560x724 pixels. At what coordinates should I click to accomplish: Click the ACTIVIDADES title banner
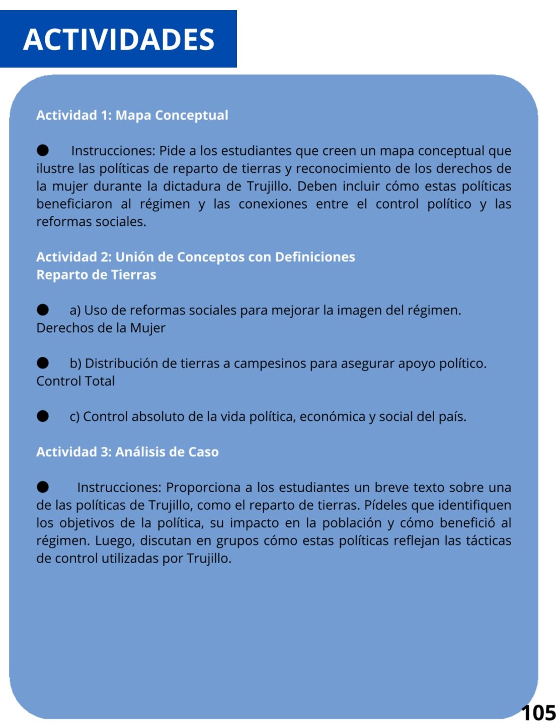pos(119,39)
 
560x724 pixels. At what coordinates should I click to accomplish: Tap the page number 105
pos(538,713)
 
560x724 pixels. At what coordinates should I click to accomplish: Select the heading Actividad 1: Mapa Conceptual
pos(132,115)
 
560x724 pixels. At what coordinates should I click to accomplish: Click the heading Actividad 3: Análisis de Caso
pos(127,451)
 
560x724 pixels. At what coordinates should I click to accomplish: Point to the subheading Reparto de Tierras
pos(96,275)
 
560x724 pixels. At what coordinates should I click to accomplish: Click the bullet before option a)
pos(43,310)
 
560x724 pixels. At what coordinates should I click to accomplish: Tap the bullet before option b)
pos(43,363)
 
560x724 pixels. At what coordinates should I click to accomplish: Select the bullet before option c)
pos(43,416)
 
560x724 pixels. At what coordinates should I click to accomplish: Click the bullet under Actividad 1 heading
pos(43,150)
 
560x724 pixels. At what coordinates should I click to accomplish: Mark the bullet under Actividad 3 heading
pos(43,487)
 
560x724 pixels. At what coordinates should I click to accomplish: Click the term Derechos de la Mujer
pos(101,328)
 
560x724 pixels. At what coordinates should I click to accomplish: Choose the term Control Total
pos(75,381)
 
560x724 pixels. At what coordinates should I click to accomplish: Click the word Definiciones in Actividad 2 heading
pos(315,257)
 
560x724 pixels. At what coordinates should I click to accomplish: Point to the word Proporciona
pos(203,487)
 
